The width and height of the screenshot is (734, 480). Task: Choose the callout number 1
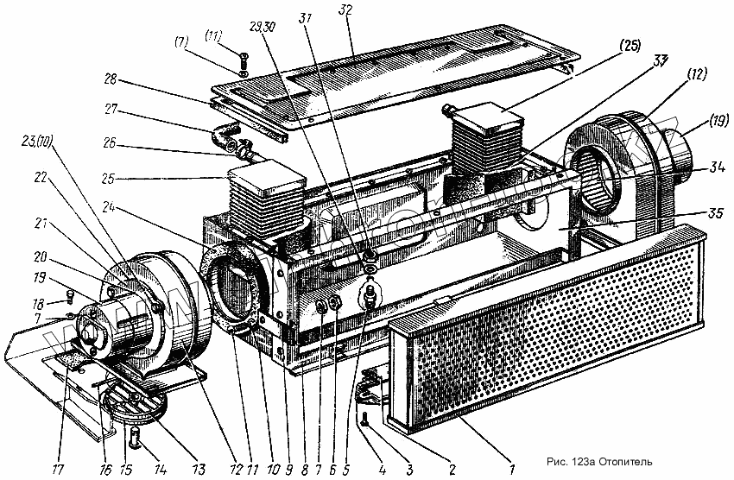click(513, 470)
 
